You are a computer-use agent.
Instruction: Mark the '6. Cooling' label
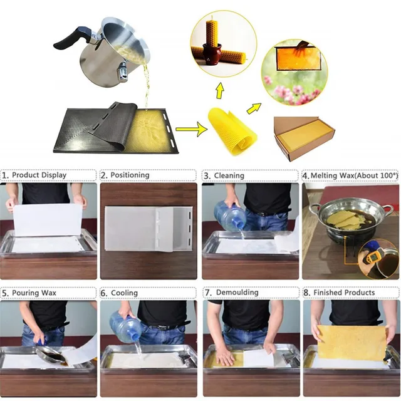(124, 293)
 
